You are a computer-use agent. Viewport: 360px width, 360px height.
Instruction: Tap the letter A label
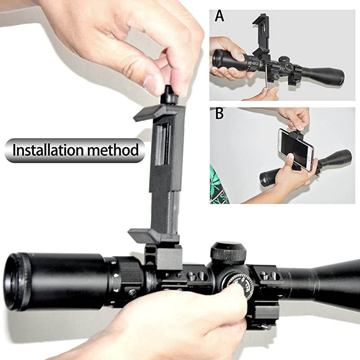click(219, 16)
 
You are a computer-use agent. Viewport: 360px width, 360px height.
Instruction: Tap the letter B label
click(219, 113)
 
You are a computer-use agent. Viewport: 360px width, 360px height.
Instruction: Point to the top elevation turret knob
click(229, 253)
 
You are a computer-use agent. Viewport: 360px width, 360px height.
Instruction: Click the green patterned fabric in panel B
click(219, 184)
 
